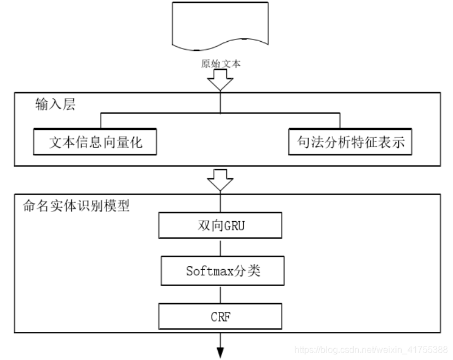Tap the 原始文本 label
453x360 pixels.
221,64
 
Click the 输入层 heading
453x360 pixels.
55,105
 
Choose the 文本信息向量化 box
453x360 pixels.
95,142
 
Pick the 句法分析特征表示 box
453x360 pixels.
351,142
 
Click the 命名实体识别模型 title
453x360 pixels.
76,206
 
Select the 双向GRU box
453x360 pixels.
219,226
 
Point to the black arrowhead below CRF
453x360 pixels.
220,351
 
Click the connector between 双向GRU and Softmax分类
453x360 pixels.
220,247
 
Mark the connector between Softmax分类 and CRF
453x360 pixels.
220,294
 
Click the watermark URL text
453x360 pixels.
372,350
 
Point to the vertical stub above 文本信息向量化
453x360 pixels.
101,121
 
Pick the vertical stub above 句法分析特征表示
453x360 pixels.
340,121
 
